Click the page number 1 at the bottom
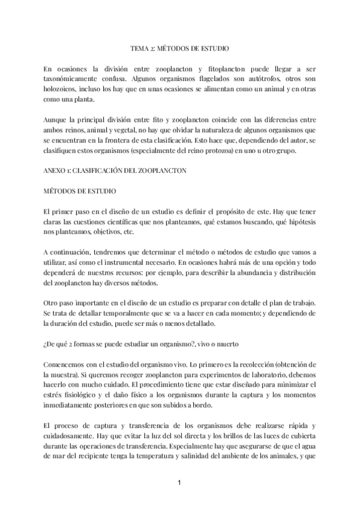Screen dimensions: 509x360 tap(179, 483)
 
